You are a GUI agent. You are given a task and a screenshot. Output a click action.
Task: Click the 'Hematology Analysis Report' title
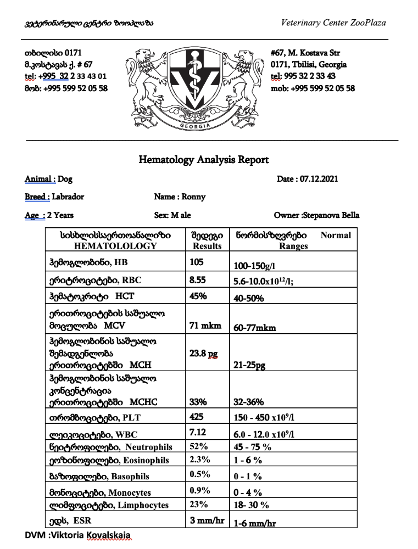click(x=204, y=160)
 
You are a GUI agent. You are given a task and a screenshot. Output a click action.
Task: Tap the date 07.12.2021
click(x=319, y=179)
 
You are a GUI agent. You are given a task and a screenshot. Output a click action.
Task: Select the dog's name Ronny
click(x=194, y=197)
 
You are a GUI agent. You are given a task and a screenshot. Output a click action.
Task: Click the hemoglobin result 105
click(x=196, y=262)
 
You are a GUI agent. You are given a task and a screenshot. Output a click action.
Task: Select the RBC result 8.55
click(x=197, y=280)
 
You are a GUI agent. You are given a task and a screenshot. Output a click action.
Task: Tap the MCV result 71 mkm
click(x=205, y=326)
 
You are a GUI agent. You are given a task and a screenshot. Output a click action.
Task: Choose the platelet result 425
click(x=196, y=418)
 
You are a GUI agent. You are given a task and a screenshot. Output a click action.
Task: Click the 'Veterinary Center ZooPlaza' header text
click(x=333, y=23)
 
